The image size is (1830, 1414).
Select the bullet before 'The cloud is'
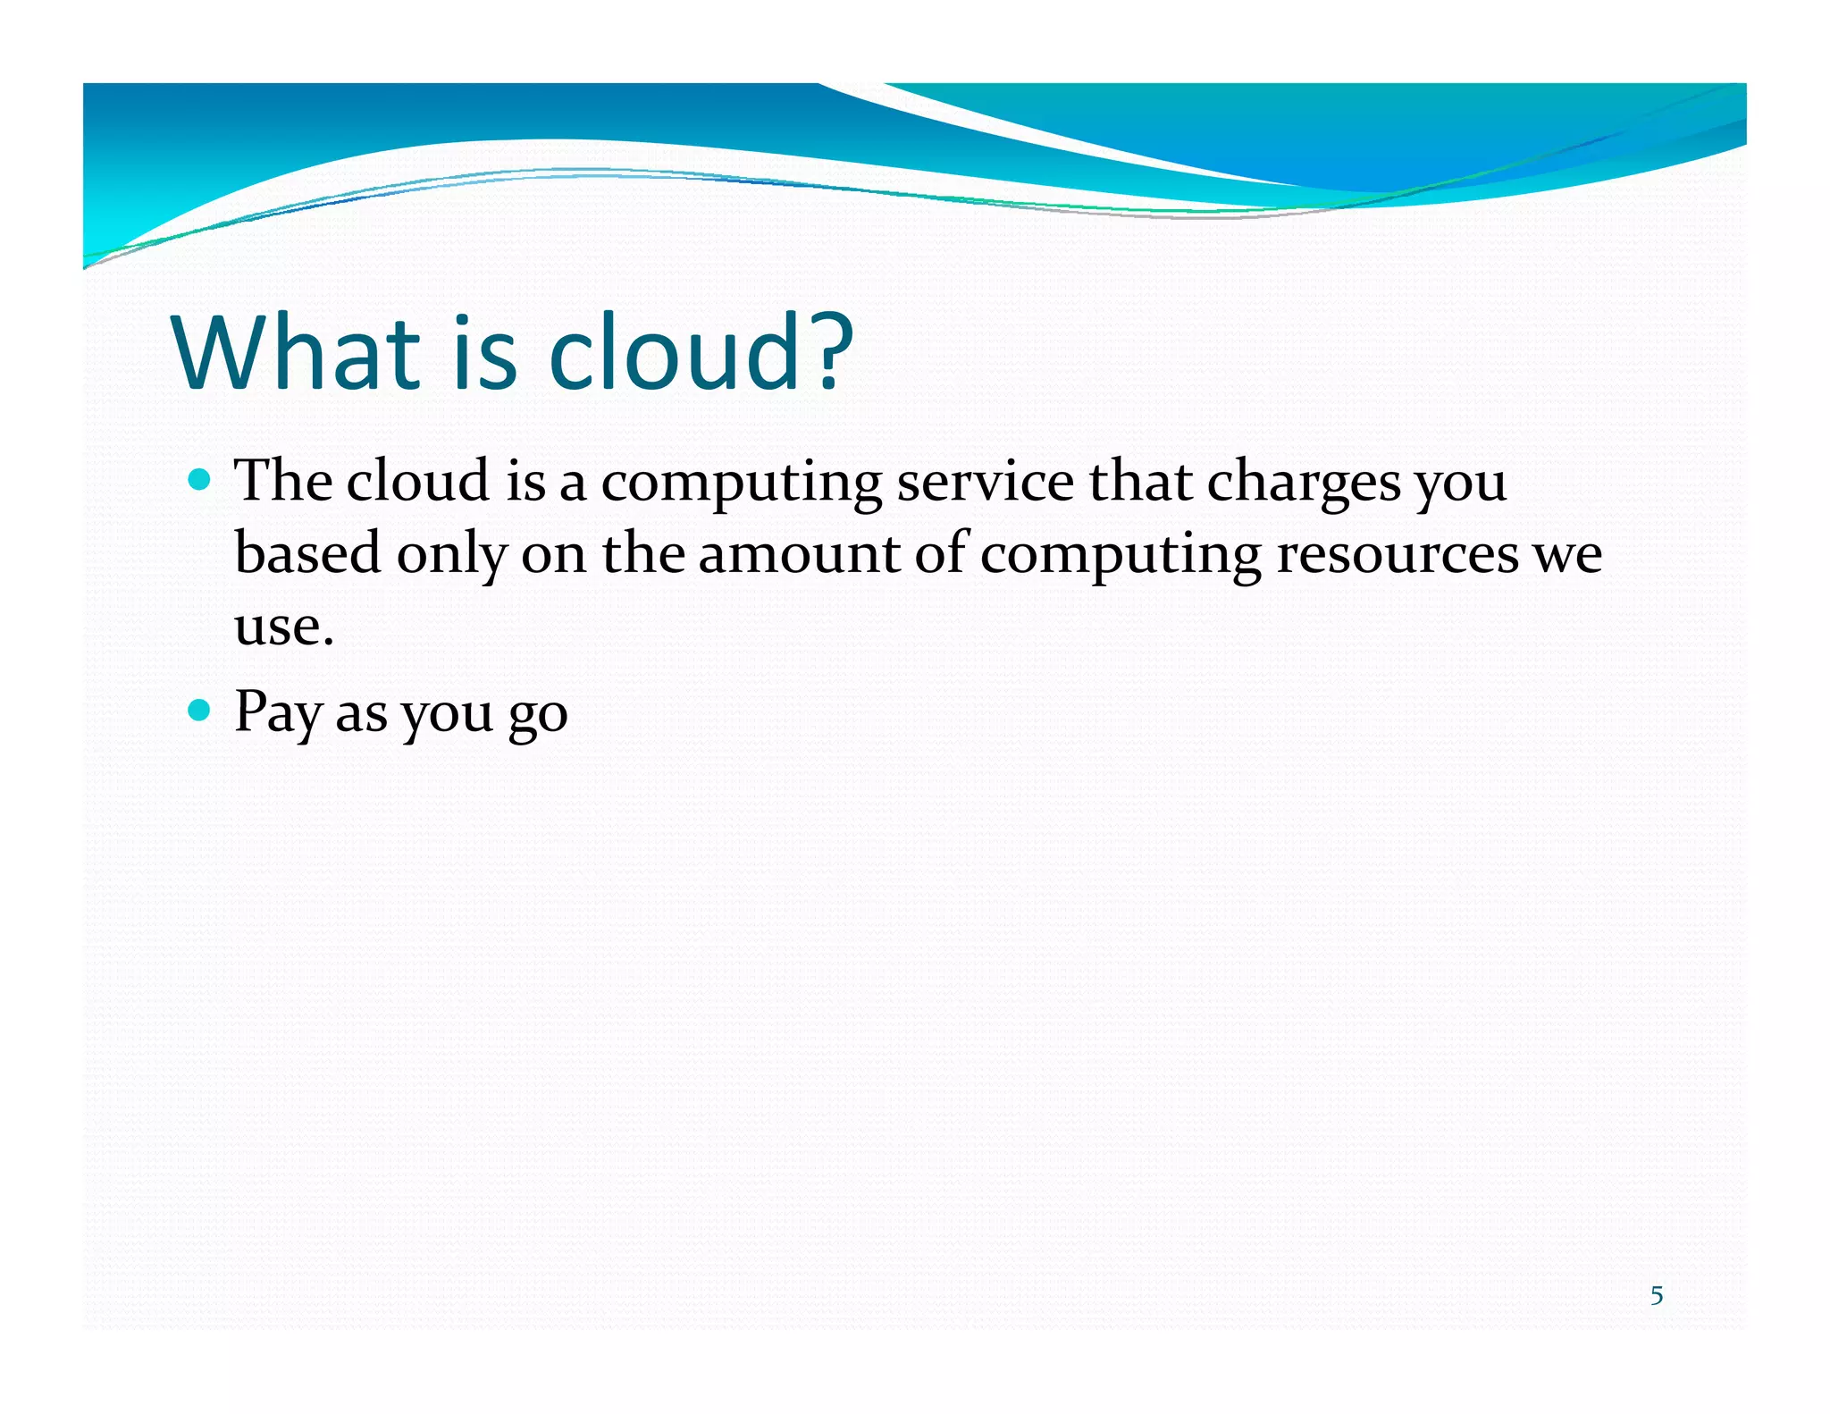click(x=201, y=481)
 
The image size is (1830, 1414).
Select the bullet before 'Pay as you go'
click(x=201, y=711)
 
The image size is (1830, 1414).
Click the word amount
click(x=799, y=554)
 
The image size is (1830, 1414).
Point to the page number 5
click(x=1657, y=1296)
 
